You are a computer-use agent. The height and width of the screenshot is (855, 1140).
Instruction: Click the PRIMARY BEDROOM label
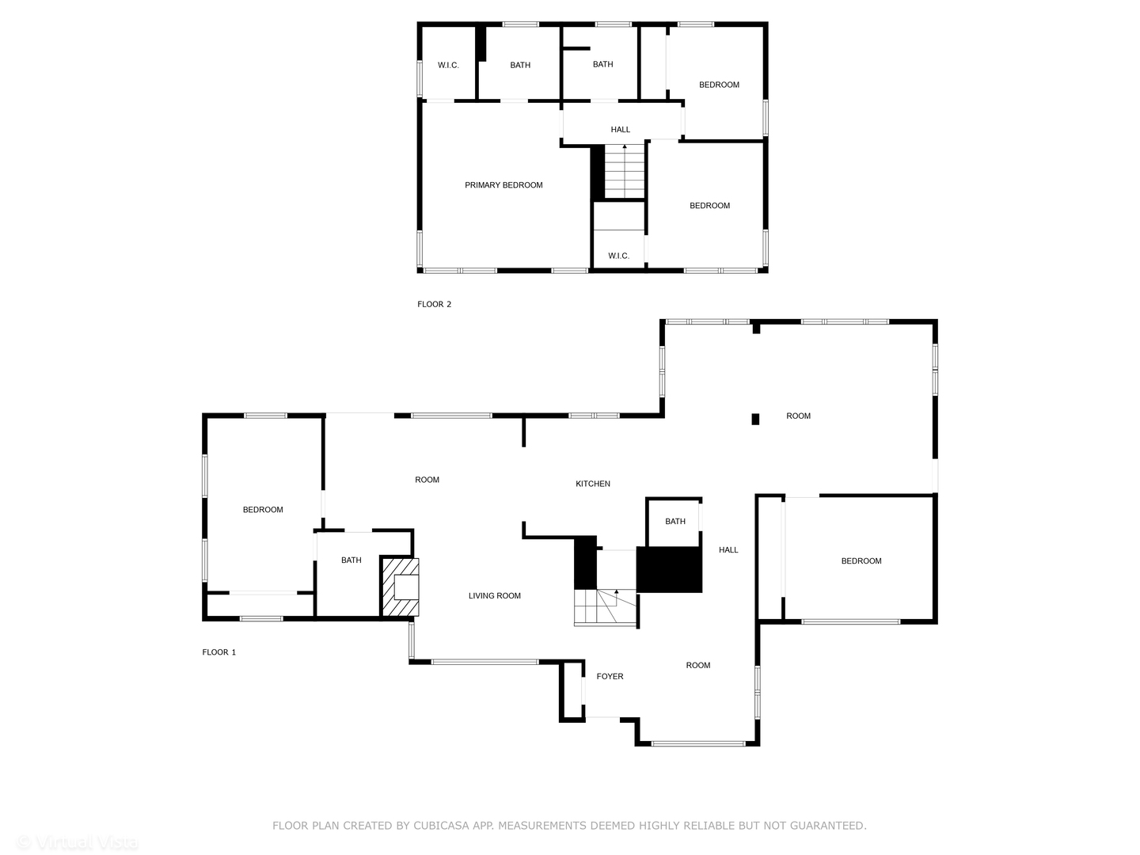503,185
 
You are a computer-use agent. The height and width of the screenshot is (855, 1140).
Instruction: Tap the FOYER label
610,677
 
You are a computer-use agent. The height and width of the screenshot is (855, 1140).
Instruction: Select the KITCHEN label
593,484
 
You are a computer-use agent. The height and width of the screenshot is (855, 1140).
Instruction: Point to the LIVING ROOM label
494,596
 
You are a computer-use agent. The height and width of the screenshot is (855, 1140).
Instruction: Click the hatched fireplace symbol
401,587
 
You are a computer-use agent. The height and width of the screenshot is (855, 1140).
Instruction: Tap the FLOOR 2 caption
434,304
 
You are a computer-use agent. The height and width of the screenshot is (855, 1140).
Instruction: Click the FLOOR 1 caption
218,652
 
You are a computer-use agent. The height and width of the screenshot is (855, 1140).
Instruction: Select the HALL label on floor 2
620,130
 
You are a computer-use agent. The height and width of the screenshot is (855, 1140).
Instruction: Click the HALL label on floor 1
728,550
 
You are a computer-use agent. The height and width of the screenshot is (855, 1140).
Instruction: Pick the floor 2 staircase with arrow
625,172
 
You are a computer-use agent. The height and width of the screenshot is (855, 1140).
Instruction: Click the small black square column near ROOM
755,419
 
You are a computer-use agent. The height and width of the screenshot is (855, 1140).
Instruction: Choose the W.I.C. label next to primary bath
448,65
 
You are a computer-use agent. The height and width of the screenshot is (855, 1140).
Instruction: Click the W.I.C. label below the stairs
618,256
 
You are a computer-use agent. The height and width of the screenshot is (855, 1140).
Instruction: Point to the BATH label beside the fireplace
351,560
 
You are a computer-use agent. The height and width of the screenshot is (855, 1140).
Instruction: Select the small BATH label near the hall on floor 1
675,521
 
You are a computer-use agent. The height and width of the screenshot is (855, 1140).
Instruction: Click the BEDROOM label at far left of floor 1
263,510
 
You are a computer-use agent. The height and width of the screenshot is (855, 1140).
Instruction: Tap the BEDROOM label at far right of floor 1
861,561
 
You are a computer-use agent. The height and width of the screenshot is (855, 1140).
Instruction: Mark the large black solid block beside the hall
670,569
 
